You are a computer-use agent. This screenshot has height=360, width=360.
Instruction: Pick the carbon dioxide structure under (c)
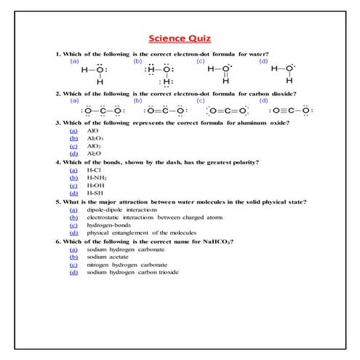click(x=227, y=111)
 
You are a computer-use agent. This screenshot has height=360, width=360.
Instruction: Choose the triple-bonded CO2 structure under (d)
click(x=289, y=111)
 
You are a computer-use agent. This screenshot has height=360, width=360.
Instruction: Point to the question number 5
click(x=57, y=201)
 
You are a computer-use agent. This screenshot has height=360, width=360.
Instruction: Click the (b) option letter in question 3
click(x=73, y=137)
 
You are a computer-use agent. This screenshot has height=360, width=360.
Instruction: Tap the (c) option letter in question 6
click(x=73, y=265)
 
